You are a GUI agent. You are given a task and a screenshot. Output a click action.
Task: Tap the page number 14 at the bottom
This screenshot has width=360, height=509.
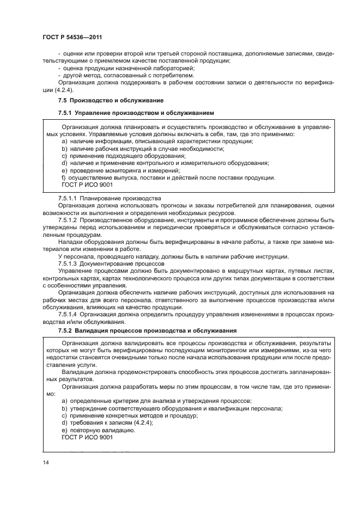[x=45, y=462]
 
